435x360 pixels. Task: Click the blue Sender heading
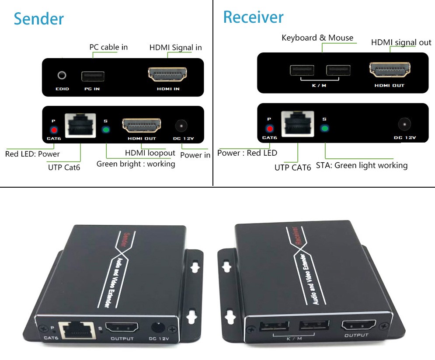[39, 19]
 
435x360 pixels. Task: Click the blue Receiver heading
[253, 17]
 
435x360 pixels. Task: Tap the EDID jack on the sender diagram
[62, 75]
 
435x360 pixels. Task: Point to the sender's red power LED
[54, 129]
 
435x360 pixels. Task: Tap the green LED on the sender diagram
[105, 129]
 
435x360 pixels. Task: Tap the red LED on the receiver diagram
[270, 129]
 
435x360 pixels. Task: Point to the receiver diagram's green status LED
[324, 129]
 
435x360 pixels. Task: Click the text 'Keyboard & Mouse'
[317, 38]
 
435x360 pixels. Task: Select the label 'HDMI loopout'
[150, 153]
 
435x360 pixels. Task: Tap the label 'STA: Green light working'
[362, 165]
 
